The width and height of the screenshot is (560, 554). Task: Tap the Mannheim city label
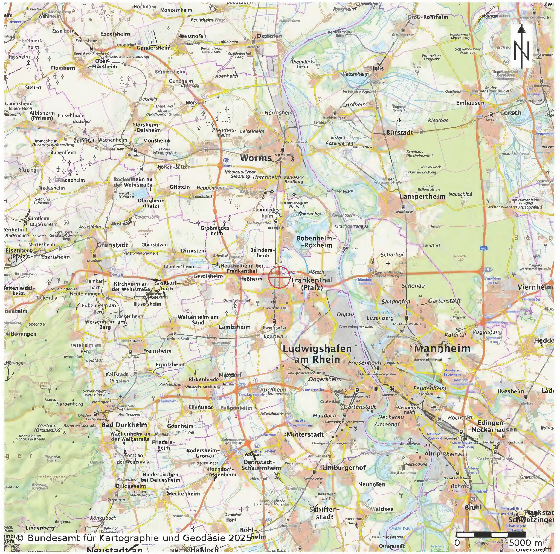pos(442,348)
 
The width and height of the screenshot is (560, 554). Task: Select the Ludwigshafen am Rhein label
pos(317,354)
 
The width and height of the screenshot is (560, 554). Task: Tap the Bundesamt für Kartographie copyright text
pos(133,538)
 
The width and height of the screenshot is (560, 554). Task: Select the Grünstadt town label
pos(112,245)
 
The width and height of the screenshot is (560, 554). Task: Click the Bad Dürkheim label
pos(124,425)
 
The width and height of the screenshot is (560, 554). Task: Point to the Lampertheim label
pos(422,196)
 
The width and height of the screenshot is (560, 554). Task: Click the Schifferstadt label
pos(324,513)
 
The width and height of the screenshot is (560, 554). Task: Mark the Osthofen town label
pos(269,36)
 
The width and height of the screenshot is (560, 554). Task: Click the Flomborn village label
pos(63,68)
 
